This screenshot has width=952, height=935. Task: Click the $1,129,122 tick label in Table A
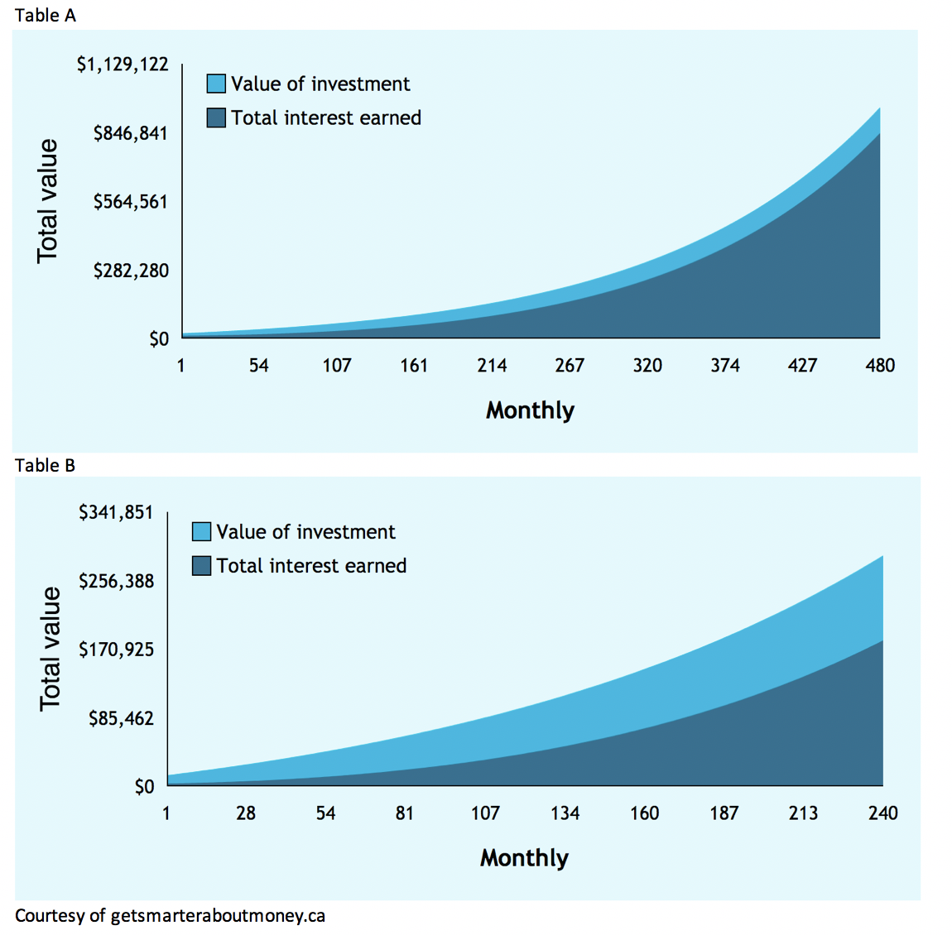(123, 65)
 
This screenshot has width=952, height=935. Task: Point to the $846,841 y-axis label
(130, 133)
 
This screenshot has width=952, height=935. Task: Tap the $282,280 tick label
(130, 271)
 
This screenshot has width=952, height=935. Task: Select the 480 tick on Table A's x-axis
(880, 366)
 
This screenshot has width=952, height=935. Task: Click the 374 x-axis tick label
(724, 366)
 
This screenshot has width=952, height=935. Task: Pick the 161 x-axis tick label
(414, 366)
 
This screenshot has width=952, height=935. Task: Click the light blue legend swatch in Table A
(216, 84)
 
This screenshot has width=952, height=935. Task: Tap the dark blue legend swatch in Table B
(201, 566)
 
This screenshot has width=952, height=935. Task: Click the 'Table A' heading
(46, 16)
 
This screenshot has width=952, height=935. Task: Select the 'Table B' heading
(46, 466)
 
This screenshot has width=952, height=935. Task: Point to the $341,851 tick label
(116, 513)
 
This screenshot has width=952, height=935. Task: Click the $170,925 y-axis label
(116, 650)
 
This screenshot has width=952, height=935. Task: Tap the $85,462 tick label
(121, 718)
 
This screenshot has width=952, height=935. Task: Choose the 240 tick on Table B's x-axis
(883, 813)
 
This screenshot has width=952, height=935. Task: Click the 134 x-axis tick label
(565, 813)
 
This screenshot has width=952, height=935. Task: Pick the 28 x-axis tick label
(246, 813)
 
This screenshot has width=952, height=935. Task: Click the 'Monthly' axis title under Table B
(524, 858)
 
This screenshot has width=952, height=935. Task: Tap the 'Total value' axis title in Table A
(48, 201)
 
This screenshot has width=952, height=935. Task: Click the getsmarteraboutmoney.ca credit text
(170, 916)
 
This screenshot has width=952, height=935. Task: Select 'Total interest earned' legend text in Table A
(326, 118)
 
